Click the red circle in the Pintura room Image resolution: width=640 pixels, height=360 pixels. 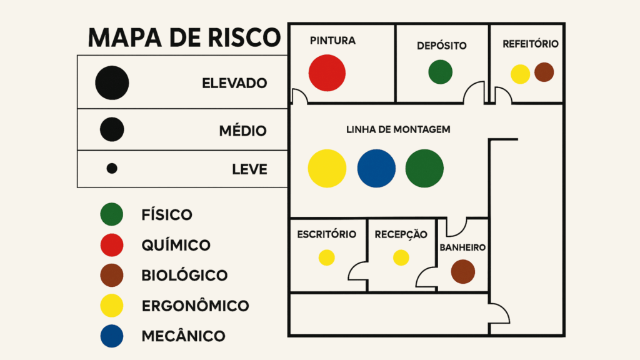[x=327, y=72]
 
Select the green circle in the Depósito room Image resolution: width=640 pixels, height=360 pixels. [x=440, y=72]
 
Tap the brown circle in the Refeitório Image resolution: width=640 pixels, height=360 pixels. [x=544, y=72]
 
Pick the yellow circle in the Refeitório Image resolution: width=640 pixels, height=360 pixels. [x=521, y=74]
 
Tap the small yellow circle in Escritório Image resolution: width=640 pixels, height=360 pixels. [x=326, y=257]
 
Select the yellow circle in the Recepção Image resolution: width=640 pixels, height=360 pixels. [x=401, y=257]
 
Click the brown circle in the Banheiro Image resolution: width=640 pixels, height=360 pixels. [x=463, y=272]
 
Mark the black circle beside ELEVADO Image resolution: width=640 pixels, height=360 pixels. [x=112, y=82]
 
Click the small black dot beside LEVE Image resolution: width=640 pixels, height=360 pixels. [x=112, y=169]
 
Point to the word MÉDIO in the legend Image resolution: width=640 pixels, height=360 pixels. [x=242, y=131]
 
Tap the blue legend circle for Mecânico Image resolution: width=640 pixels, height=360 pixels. [x=112, y=336]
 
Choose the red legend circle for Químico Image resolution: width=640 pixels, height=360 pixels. [x=112, y=245]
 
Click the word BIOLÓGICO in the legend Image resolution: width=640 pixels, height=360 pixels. [x=184, y=276]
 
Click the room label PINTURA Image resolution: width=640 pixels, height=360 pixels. [x=332, y=41]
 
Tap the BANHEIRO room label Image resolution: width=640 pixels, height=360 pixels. [x=462, y=247]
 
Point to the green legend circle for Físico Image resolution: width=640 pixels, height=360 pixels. [x=112, y=215]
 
